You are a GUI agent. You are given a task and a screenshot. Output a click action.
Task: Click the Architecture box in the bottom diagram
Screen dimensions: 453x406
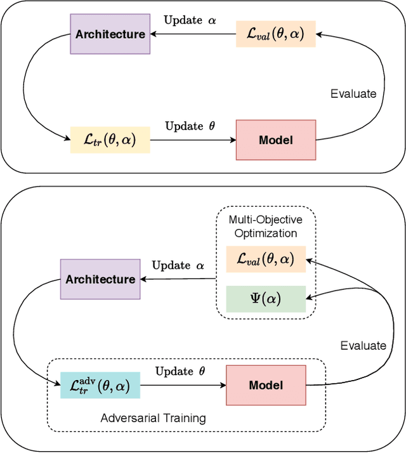(x=100, y=279)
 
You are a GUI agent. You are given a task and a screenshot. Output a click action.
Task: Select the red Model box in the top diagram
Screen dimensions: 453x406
(x=276, y=140)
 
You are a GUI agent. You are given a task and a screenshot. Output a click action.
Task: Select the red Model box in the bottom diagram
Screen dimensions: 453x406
(x=266, y=385)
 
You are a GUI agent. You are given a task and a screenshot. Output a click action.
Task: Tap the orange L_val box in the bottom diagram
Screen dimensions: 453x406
(x=266, y=259)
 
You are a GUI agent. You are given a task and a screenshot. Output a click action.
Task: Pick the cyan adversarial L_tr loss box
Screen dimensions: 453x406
(x=100, y=385)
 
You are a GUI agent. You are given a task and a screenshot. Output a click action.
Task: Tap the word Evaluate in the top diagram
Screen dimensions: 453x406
(x=353, y=93)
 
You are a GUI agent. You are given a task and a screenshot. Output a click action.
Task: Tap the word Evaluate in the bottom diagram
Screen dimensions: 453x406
(x=363, y=345)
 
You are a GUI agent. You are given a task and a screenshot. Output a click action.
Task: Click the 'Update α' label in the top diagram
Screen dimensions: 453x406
(x=190, y=20)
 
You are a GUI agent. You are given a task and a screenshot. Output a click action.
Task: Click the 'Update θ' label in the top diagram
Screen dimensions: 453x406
(x=190, y=126)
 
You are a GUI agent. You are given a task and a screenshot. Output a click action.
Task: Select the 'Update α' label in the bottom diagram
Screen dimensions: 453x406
(x=179, y=265)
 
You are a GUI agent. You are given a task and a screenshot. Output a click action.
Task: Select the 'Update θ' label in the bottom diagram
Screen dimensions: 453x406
(x=180, y=371)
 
